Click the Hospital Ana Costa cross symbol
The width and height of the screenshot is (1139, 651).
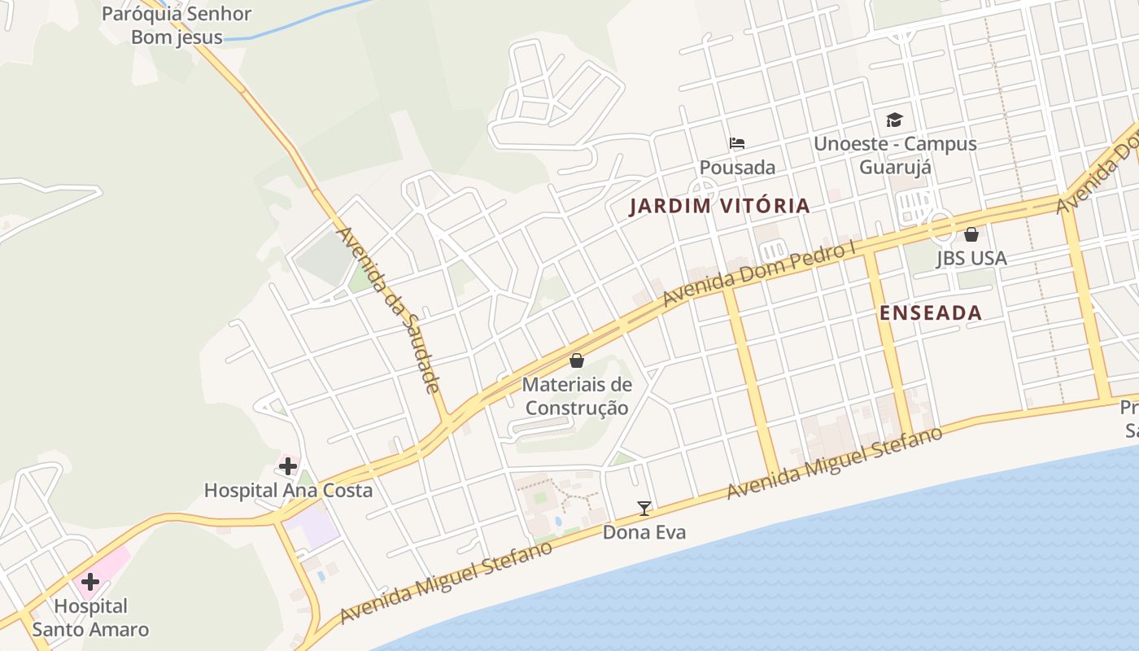[288, 466]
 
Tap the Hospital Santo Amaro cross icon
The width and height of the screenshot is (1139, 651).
[89, 582]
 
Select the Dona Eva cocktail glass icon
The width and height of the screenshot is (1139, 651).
[644, 509]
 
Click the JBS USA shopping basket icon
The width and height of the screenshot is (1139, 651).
[971, 234]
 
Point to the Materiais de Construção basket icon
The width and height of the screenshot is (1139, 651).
[577, 360]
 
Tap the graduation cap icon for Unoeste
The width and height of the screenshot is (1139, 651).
[895, 120]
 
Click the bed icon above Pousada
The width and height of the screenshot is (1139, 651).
[737, 143]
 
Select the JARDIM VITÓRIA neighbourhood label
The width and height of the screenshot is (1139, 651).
[720, 206]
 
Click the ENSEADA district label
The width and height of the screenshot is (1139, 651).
[931, 312]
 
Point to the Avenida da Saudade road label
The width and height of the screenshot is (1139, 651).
[389, 309]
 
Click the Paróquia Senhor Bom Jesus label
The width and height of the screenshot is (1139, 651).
[177, 25]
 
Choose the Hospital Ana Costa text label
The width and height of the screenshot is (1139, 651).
[288, 490]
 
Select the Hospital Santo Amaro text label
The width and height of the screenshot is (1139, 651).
[102, 618]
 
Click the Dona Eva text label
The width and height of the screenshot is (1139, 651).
[644, 532]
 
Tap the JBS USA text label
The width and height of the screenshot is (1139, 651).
[971, 258]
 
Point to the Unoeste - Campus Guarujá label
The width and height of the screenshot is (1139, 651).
[895, 155]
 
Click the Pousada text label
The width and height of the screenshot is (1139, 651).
[737, 167]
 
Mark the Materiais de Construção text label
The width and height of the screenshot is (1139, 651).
[577, 395]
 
